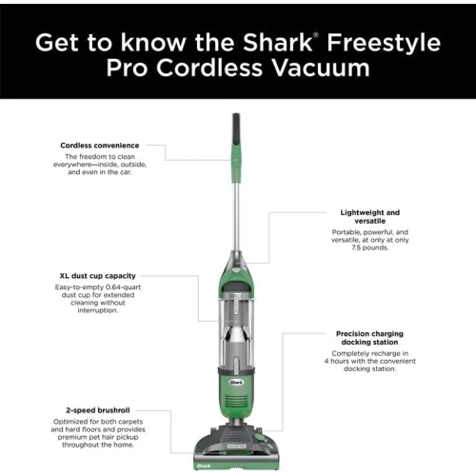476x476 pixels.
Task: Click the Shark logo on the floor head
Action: coord(202,465)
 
